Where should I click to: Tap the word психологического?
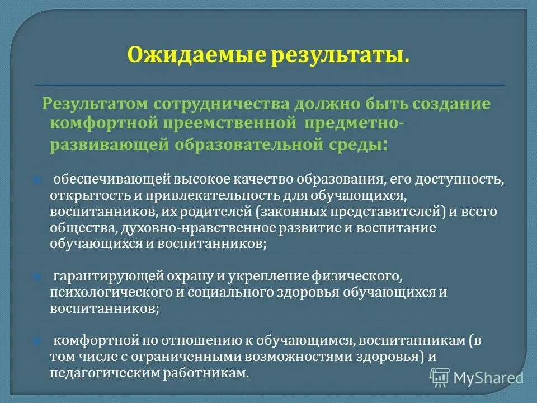coord(105,292)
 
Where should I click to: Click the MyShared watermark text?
coord(488,378)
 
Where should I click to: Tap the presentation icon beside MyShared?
coord(440,378)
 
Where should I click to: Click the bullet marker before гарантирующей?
coord(37,277)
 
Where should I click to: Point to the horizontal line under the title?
coord(269,84)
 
